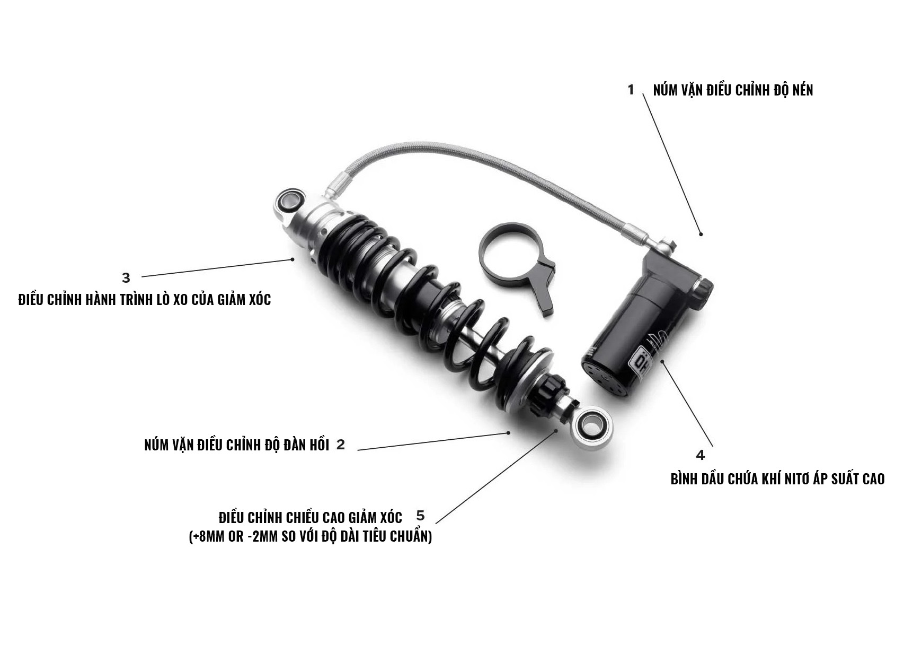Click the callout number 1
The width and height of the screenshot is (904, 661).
631,90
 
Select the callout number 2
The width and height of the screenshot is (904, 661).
341,445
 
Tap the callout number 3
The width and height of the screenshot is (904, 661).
126,278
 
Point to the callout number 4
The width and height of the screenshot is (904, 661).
700,455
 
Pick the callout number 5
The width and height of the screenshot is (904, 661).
421,516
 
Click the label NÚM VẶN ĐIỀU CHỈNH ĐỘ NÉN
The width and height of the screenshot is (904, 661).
733,90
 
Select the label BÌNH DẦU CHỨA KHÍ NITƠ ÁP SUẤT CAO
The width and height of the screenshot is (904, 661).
778,479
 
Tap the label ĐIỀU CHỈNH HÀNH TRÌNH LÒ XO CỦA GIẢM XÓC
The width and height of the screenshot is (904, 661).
145,300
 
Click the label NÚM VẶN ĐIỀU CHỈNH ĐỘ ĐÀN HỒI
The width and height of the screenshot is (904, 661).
237,445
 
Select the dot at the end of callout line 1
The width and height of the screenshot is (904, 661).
701,234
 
